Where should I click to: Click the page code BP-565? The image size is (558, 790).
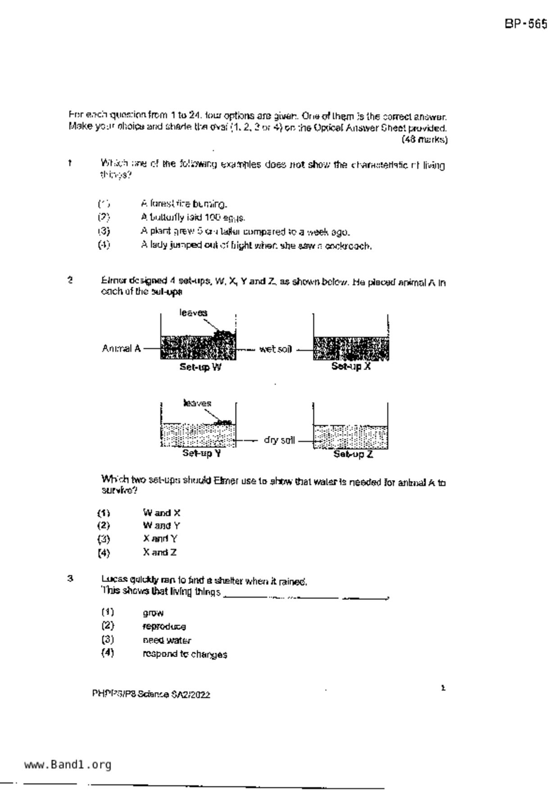pos(526,24)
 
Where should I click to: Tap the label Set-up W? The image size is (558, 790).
pos(200,367)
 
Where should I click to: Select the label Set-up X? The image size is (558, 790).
pos(351,366)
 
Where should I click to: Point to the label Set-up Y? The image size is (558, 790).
pos(202,453)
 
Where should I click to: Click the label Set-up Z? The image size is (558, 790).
pos(353,454)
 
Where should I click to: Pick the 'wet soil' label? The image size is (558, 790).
pos(275,349)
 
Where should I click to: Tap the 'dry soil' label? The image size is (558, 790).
pos(279,440)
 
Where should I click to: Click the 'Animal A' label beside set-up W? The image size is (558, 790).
pos(121,349)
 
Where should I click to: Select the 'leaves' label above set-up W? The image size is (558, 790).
pos(193,313)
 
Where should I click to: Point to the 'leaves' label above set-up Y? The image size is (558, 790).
pos(197,403)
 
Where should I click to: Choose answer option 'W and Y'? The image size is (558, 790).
pos(161,526)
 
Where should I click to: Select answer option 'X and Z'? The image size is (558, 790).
pos(159,552)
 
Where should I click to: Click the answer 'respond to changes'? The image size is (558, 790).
pos(185,654)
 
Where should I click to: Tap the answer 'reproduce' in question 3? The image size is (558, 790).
pos(164,627)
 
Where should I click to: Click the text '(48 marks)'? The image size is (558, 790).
pos(424,140)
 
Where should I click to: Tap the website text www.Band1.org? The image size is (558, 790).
pos(68,765)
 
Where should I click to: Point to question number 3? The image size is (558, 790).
pos(70,579)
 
